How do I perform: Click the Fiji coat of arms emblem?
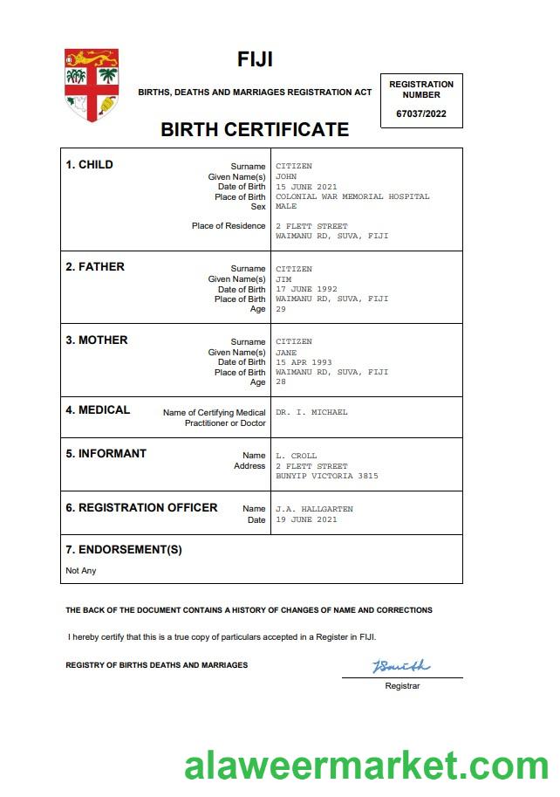pyautogui.click(x=91, y=85)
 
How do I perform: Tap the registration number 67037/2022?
pyautogui.click(x=421, y=113)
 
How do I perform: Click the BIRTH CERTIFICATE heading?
pyautogui.click(x=255, y=130)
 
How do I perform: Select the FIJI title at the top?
pyautogui.click(x=255, y=59)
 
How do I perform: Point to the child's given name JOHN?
pyautogui.click(x=286, y=176)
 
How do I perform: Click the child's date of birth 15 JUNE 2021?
pyautogui.click(x=306, y=187)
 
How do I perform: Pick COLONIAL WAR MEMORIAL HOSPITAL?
pyautogui.click(x=352, y=196)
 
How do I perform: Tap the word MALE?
pyautogui.click(x=286, y=207)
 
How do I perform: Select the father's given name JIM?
pyautogui.click(x=283, y=279)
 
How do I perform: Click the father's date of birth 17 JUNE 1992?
pyautogui.click(x=306, y=289)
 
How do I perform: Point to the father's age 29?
pyautogui.click(x=281, y=309)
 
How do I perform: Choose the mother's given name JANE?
pyautogui.click(x=286, y=352)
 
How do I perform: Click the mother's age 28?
pyautogui.click(x=281, y=382)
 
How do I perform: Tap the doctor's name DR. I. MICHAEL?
pyautogui.click(x=311, y=412)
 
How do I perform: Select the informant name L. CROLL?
pyautogui.click(x=297, y=456)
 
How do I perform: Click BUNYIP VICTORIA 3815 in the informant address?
pyautogui.click(x=327, y=476)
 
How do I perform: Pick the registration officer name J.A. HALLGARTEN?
pyautogui.click(x=315, y=509)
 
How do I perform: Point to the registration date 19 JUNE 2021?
pyautogui.click(x=306, y=519)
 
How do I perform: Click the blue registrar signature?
pyautogui.click(x=401, y=667)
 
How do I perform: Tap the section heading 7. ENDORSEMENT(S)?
pyautogui.click(x=124, y=550)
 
